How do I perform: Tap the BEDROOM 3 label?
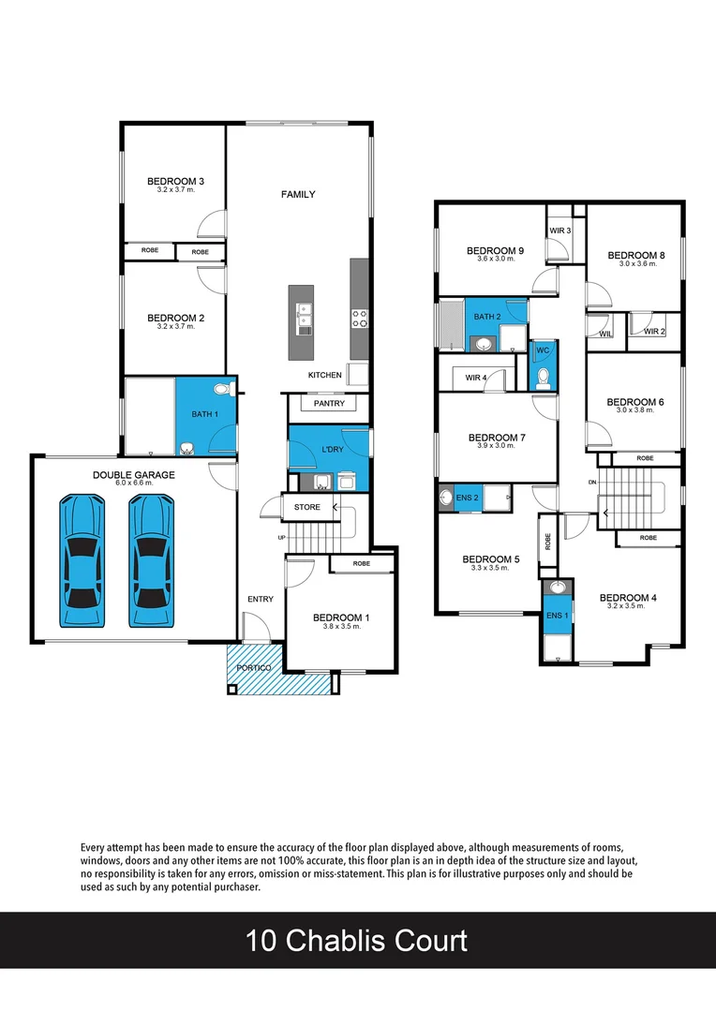coord(175,181)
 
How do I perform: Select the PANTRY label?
coord(329,404)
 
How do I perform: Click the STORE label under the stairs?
coord(306,507)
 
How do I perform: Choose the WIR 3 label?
coord(560,230)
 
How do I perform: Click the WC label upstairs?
coord(542,351)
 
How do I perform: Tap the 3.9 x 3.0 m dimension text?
coord(497,446)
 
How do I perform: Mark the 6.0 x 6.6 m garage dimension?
coord(133,484)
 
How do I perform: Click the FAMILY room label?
coord(298,195)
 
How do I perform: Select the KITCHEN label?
coord(325,375)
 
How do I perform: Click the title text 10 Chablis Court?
coord(357,940)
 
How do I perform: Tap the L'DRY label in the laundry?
coord(333,450)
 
